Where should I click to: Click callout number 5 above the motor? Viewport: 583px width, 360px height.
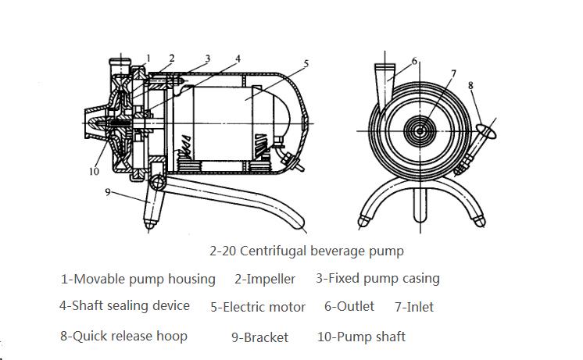pyautogui.click(x=306, y=63)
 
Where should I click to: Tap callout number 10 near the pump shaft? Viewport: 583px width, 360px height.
pyautogui.click(x=95, y=171)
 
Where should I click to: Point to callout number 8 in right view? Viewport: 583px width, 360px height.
pyautogui.click(x=470, y=84)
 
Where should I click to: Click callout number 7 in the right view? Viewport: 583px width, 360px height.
pyautogui.click(x=452, y=73)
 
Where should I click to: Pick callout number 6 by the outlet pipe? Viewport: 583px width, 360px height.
pyautogui.click(x=415, y=60)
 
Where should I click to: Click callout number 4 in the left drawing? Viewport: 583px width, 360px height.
pyautogui.click(x=238, y=58)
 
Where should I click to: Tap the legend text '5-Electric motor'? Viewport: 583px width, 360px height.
pyautogui.click(x=257, y=307)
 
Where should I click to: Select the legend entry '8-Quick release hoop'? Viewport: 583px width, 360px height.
pyautogui.click(x=123, y=336)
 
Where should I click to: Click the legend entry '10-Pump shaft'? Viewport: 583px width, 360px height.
pyautogui.click(x=361, y=337)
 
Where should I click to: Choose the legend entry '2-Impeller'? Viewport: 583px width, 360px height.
pyautogui.click(x=265, y=279)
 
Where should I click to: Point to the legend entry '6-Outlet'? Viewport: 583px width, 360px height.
pyautogui.click(x=349, y=306)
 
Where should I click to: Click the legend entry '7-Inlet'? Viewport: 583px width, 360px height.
pyautogui.click(x=414, y=307)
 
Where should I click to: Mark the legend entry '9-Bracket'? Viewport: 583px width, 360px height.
pyautogui.click(x=259, y=337)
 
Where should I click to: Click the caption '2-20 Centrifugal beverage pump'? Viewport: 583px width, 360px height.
pyautogui.click(x=306, y=251)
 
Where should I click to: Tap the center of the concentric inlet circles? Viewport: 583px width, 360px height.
pyautogui.click(x=422, y=130)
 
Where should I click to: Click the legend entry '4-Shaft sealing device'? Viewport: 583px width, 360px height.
pyautogui.click(x=124, y=305)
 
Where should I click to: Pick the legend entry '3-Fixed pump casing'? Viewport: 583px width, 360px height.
pyautogui.click(x=377, y=278)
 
